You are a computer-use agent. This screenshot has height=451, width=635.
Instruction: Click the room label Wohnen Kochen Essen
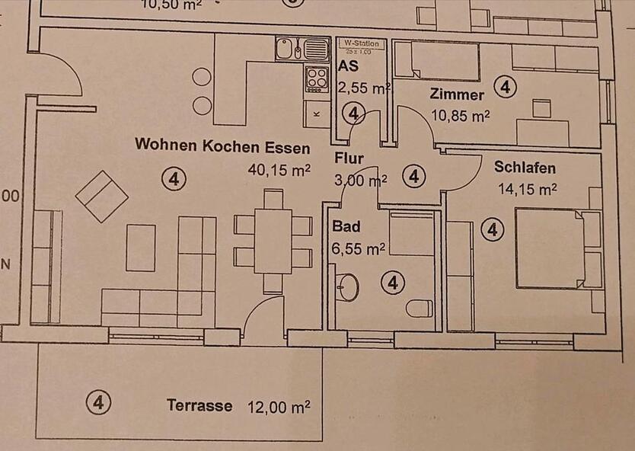pyautogui.click(x=222, y=146)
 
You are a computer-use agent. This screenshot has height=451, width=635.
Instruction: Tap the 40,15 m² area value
pyautogui.click(x=279, y=170)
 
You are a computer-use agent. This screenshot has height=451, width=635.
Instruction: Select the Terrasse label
pyautogui.click(x=199, y=405)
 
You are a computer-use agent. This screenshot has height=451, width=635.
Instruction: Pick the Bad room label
pyautogui.click(x=346, y=227)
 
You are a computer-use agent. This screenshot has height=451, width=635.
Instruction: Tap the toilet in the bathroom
pyautogui.click(x=419, y=309)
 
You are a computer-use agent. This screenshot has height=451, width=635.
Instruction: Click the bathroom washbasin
pyautogui.click(x=348, y=286)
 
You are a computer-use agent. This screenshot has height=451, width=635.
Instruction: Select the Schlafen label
pyautogui.click(x=525, y=168)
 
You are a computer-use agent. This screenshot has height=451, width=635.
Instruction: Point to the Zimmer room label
pyautogui.click(x=457, y=95)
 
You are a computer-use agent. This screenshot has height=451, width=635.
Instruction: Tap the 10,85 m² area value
pyautogui.click(x=460, y=116)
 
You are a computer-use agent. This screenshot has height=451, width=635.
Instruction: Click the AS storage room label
pyautogui.click(x=348, y=66)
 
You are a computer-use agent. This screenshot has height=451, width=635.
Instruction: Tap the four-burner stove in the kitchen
pyautogui.click(x=316, y=76)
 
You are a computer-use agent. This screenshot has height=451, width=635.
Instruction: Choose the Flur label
pyautogui.click(x=349, y=159)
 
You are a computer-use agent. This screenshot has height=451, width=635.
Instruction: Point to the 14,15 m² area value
pyautogui.click(x=527, y=188)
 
